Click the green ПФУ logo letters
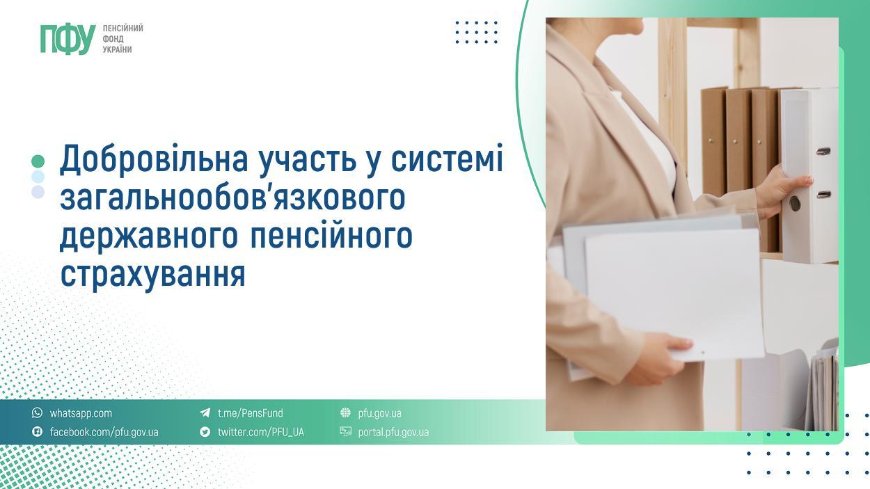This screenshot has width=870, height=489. [x=68, y=39]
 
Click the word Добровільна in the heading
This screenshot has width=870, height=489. [x=154, y=158]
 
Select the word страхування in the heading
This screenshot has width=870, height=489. [x=152, y=273]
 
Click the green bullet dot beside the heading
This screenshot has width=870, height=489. [x=38, y=161]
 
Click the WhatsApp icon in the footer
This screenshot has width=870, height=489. [x=37, y=412]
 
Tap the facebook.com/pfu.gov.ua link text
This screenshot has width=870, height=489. [x=104, y=432]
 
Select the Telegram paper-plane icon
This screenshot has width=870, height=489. [x=205, y=412]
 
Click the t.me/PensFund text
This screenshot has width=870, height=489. [x=250, y=413]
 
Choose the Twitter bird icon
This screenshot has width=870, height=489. [x=205, y=431]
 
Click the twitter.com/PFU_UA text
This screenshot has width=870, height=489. [x=260, y=432]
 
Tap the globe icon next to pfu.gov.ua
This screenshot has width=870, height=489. [x=345, y=412]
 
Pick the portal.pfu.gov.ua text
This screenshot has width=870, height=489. [x=393, y=432]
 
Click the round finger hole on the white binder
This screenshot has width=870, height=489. [x=795, y=203]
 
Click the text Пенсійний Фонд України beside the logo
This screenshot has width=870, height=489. [x=122, y=39]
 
